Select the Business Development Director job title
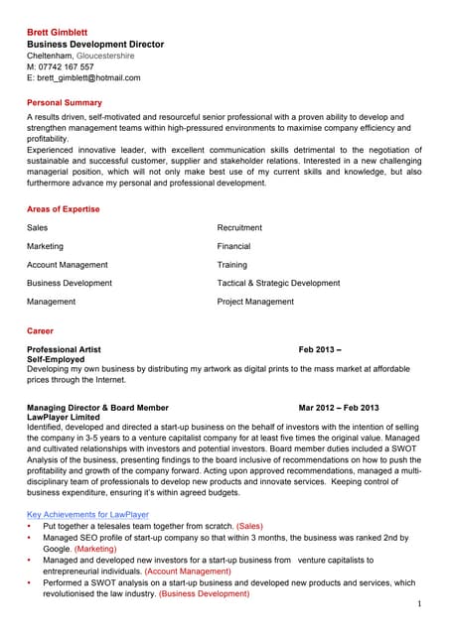pyautogui.click(x=95, y=45)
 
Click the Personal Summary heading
pyautogui.click(x=64, y=103)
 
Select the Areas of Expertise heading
pyautogui.click(x=63, y=209)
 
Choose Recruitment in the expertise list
pyautogui.click(x=239, y=228)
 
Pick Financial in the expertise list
pyautogui.click(x=233, y=246)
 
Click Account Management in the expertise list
pyautogui.click(x=68, y=265)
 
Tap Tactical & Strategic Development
pyautogui.click(x=278, y=283)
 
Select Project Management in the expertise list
pyautogui.click(x=255, y=302)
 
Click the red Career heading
pyautogui.click(x=41, y=330)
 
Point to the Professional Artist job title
pyautogui.click(x=64, y=350)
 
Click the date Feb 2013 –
pyautogui.click(x=320, y=350)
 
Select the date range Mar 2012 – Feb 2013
pyautogui.click(x=339, y=408)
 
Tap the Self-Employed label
pyautogui.click(x=55, y=359)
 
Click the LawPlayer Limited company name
pyautogui.click(x=63, y=417)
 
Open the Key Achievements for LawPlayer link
pyautogui.click(x=87, y=515)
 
